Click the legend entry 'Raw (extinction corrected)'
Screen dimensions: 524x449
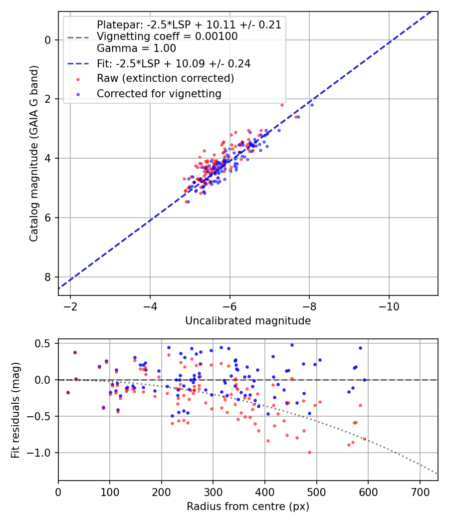click(x=165, y=78)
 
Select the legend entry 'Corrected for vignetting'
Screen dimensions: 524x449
click(x=159, y=93)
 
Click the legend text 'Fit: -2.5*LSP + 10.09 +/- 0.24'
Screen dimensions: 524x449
click(x=174, y=63)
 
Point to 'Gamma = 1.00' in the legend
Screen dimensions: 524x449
click(x=136, y=48)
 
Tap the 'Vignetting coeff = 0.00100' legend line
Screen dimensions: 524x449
click(x=167, y=36)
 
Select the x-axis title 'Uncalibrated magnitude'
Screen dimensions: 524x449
click(x=248, y=321)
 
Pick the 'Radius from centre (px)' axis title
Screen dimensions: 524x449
click(x=248, y=507)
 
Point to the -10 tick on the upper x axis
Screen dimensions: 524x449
click(x=389, y=306)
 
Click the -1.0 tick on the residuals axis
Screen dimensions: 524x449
click(x=41, y=453)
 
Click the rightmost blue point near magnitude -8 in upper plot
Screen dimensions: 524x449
click(x=312, y=105)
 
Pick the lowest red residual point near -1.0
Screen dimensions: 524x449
click(x=309, y=452)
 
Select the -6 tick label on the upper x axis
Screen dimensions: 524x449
click(x=229, y=306)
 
